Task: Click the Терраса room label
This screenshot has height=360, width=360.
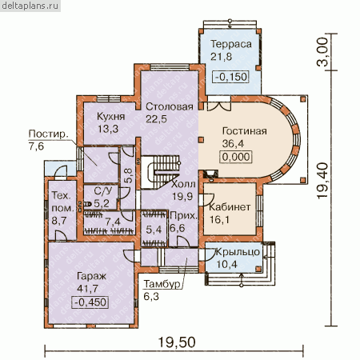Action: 231,44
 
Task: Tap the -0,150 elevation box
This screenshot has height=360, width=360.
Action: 231,77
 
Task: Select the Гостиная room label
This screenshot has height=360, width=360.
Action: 244,131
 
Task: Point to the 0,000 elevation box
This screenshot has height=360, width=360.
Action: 236,157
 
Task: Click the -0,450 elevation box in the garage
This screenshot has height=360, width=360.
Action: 90,302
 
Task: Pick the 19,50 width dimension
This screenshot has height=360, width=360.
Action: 177,342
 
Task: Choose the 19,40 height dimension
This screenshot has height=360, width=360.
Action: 322,180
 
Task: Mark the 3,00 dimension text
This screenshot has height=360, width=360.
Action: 322,52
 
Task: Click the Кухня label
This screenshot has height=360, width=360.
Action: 110,117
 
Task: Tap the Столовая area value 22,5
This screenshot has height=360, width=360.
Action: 156,119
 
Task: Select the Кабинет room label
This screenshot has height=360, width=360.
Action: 230,207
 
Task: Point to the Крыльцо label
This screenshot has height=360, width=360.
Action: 238,252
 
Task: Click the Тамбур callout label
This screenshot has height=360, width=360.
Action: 162,284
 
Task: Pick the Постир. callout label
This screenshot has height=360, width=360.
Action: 48,134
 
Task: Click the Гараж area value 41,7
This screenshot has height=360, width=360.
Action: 87,289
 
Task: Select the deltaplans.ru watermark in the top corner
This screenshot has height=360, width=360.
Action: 30,6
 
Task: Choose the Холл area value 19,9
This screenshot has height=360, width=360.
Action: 182,197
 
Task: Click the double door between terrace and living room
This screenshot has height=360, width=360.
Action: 219,106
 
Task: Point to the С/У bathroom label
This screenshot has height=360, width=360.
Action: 103,191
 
